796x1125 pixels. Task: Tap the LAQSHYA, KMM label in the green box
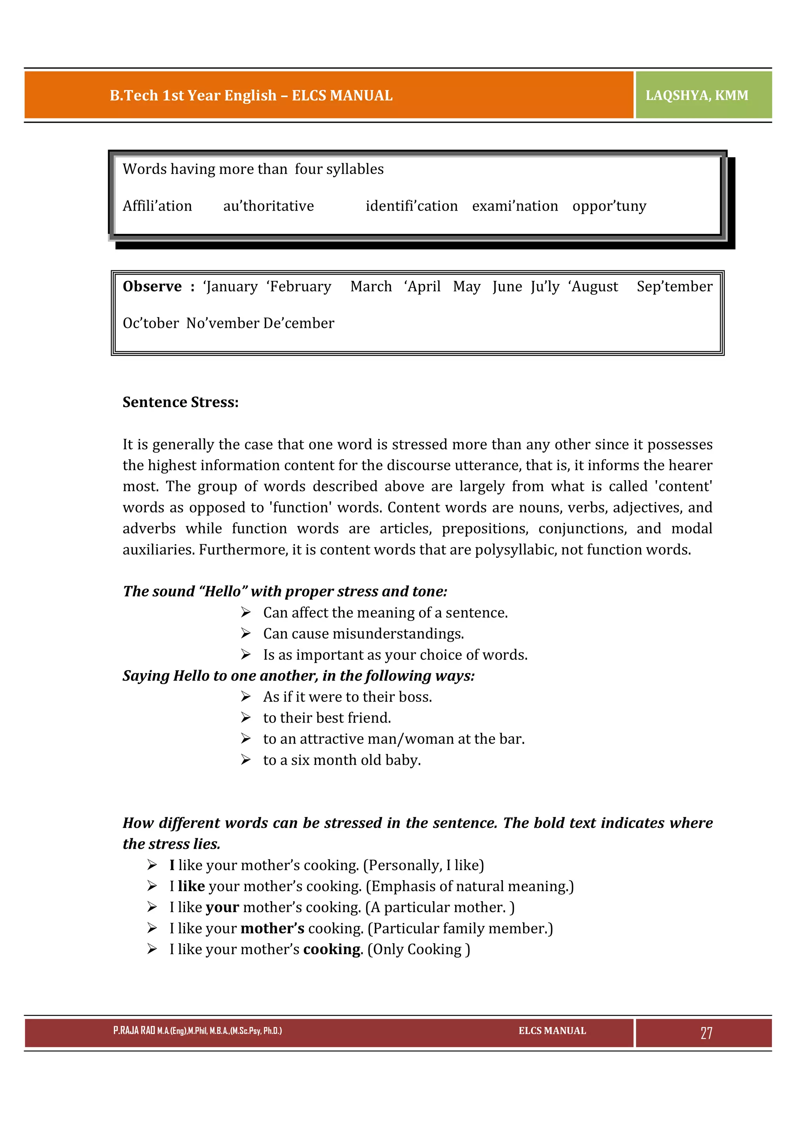click(x=696, y=95)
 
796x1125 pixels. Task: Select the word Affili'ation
click(x=157, y=206)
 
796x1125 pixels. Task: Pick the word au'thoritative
click(x=268, y=206)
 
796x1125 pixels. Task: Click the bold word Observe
click(x=152, y=286)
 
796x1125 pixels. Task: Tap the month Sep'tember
click(x=674, y=286)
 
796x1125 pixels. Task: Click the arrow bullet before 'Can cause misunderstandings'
click(x=246, y=634)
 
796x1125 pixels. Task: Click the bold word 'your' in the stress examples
click(x=222, y=907)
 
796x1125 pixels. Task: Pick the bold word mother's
click(x=272, y=928)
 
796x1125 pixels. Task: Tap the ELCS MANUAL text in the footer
click(x=552, y=1031)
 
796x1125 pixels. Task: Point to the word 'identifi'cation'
click(x=411, y=206)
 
